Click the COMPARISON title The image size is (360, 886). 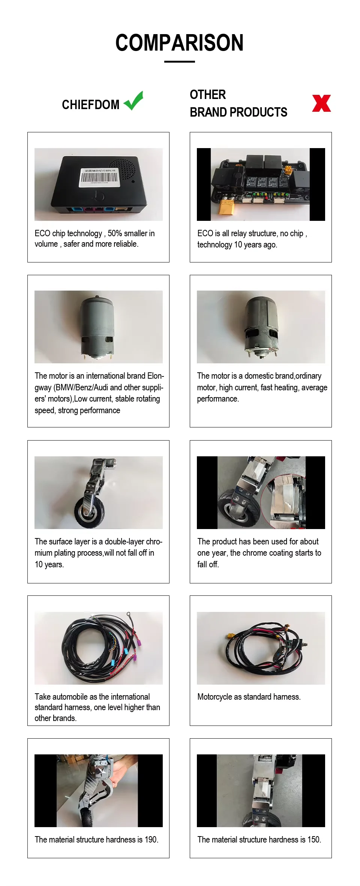click(x=179, y=43)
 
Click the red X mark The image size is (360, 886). click(x=321, y=103)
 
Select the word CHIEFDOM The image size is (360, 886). click(x=90, y=105)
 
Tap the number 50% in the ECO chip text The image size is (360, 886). click(x=115, y=233)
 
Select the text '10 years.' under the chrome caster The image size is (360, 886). click(x=49, y=564)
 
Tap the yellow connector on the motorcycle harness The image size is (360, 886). click(x=230, y=636)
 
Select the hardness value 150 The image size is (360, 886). click(x=313, y=840)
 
